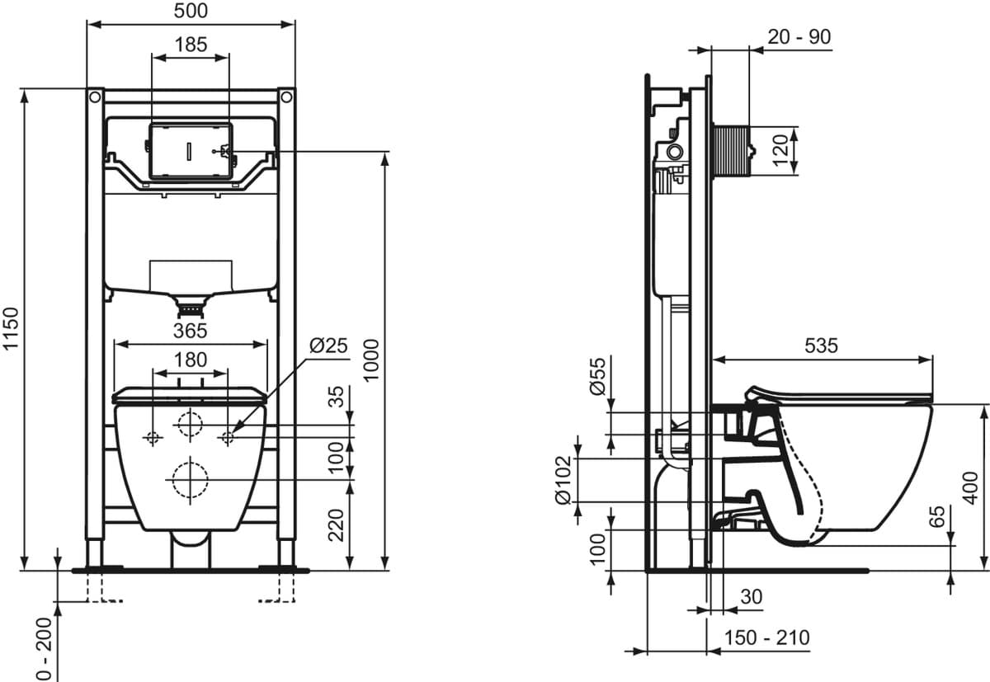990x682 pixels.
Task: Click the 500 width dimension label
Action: coord(191,11)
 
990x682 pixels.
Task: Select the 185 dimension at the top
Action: coord(191,45)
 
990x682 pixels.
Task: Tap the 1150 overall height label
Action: coord(11,329)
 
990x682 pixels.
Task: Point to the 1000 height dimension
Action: coord(371,360)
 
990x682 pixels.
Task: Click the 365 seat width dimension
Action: coord(191,331)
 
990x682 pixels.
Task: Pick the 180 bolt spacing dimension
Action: coord(191,360)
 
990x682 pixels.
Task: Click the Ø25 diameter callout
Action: coord(328,346)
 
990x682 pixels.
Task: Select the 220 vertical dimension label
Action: coord(336,525)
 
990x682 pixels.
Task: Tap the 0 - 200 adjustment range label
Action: coord(45,649)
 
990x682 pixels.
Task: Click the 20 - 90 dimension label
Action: coord(799,37)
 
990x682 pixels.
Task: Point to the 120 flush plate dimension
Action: coord(781,151)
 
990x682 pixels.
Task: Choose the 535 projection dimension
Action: coord(821,346)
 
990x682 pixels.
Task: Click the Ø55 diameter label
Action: coord(597,376)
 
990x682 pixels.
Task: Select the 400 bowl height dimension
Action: coord(970,488)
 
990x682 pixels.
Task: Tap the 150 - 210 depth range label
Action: coord(766,637)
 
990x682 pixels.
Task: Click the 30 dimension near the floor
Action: coord(752,597)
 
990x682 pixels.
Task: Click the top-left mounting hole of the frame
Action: coord(95,96)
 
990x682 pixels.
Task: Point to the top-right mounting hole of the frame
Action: coord(286,96)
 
